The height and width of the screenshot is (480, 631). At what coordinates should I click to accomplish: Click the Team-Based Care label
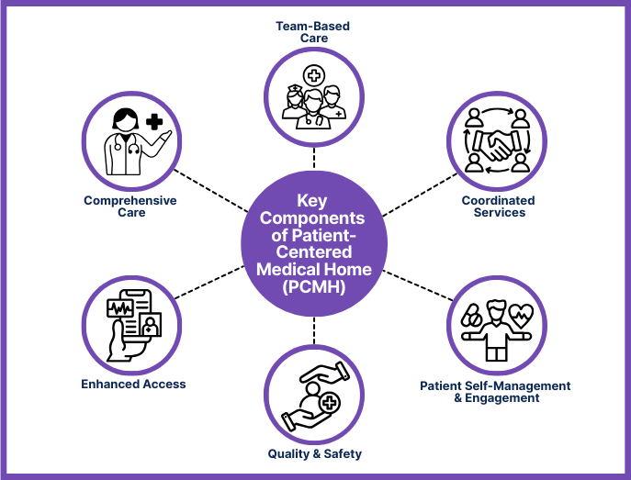click(x=313, y=33)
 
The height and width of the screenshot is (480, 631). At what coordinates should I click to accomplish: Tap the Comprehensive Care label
click(x=130, y=207)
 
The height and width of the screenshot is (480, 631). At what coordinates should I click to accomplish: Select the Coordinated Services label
click(x=500, y=207)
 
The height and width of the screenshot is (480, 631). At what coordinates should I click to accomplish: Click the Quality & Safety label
click(x=314, y=453)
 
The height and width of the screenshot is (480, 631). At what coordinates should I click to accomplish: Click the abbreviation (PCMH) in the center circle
click(x=314, y=286)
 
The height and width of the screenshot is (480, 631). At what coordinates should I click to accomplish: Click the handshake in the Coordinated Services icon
click(x=500, y=144)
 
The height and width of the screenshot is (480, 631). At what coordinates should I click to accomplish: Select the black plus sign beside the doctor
click(x=153, y=121)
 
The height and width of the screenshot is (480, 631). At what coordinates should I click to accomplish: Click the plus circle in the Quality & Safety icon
click(x=323, y=402)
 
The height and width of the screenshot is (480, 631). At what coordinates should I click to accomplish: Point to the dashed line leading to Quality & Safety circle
click(x=314, y=329)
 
